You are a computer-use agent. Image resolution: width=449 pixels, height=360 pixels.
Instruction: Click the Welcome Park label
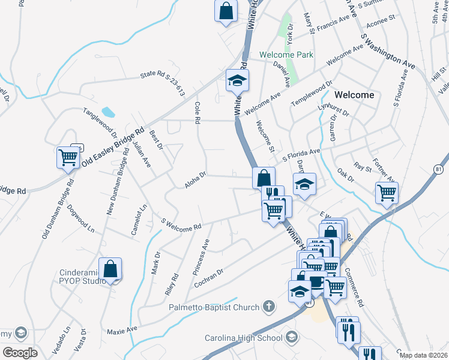(286, 55)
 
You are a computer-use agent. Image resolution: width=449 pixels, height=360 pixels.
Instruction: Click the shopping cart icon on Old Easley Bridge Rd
(68, 158)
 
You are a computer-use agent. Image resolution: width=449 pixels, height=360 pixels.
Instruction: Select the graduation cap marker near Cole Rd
(237, 80)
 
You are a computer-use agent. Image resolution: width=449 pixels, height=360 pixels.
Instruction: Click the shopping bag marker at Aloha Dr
(264, 178)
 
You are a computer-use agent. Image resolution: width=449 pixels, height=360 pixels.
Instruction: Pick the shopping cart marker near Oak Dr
(387, 193)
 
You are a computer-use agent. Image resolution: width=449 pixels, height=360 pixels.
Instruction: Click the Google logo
(20, 353)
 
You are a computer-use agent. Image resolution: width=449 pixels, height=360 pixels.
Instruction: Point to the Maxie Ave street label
(122, 331)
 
